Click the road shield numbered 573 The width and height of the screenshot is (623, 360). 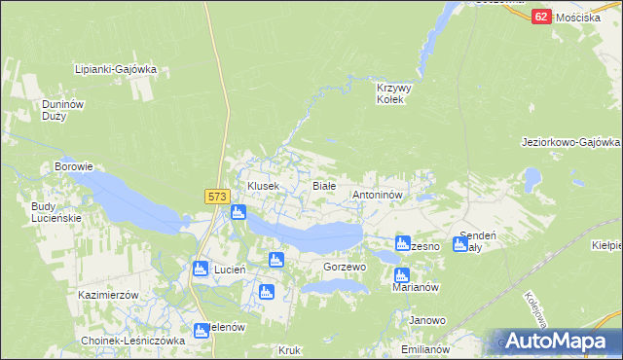tap(217, 197)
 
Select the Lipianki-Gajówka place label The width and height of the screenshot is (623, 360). tap(116, 69)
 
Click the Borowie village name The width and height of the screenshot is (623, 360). tap(74, 166)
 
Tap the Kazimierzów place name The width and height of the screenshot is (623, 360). tap(110, 294)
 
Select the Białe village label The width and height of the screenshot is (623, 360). tap(323, 185)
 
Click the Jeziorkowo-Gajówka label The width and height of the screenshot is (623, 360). tap(570, 142)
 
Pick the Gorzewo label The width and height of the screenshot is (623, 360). tap(344, 267)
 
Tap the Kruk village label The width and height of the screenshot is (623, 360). tap(289, 349)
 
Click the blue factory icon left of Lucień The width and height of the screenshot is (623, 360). tap(201, 269)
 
